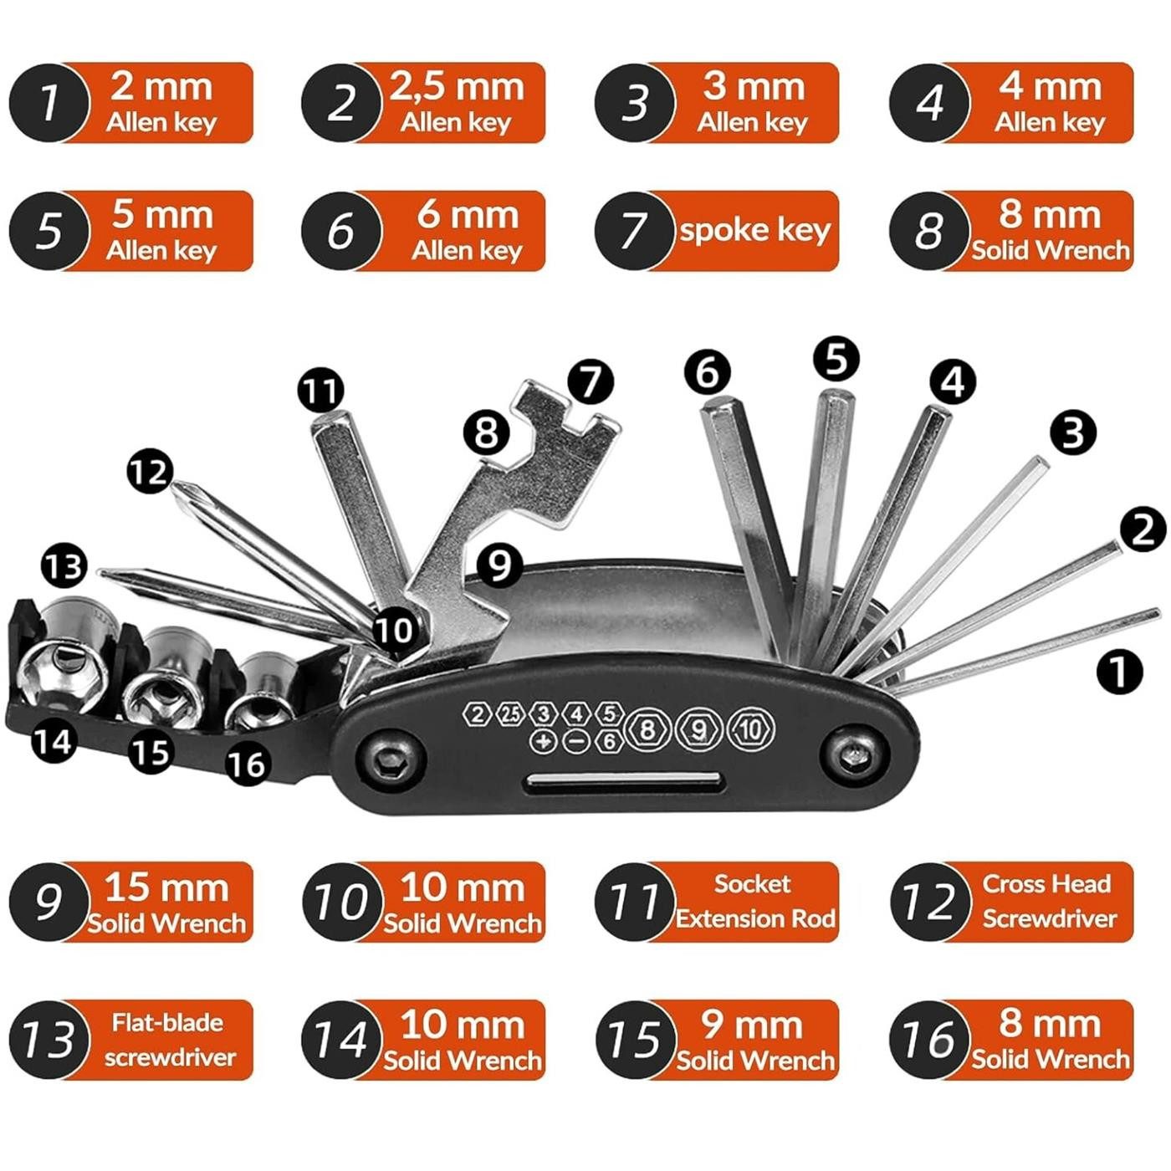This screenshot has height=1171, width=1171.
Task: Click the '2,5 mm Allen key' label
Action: point(456,102)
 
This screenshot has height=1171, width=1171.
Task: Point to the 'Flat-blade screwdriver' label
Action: point(167,1040)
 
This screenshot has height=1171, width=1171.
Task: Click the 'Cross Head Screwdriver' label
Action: point(1048,902)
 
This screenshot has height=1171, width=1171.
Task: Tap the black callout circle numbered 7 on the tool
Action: point(591,382)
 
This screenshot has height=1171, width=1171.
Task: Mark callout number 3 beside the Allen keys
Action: point(1073,432)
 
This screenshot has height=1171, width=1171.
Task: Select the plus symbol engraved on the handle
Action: point(544,741)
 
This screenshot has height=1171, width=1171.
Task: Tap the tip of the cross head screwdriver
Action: point(178,489)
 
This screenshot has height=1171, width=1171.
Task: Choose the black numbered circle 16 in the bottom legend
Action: point(929,1040)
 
